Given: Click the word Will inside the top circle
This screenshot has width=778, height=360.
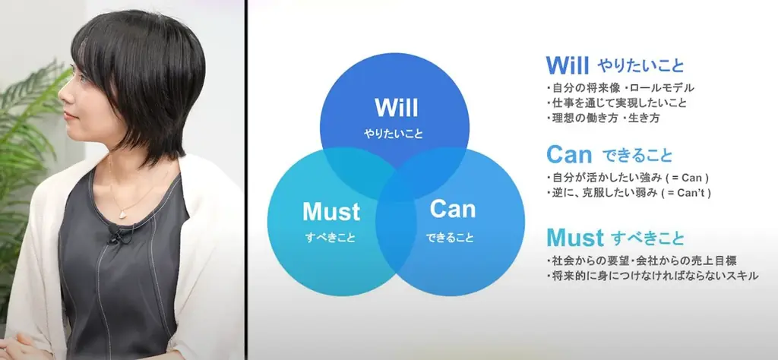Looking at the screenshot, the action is point(396,107).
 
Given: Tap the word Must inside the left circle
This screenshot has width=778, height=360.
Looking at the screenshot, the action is point(331,212).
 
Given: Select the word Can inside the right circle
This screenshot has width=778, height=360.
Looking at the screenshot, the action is point(453,209).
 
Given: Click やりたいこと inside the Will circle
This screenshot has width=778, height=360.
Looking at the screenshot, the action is point(394,134).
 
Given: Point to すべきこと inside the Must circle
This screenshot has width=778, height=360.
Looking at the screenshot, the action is point(330,238).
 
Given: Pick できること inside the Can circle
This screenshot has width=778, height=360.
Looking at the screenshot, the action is point(450,238).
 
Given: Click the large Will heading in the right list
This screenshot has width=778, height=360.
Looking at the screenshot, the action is point(567,65).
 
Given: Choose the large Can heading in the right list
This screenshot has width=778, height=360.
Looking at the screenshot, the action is point(569,155).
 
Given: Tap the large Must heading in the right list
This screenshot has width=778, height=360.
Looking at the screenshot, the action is point(575,238).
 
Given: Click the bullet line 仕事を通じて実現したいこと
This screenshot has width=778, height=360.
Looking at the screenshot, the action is point(616,103).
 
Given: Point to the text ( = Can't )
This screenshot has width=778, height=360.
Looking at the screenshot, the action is point(687,192).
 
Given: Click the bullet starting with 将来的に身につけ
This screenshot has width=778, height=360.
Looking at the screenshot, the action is point(652,276).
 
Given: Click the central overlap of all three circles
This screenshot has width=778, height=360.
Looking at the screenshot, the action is point(395,185).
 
